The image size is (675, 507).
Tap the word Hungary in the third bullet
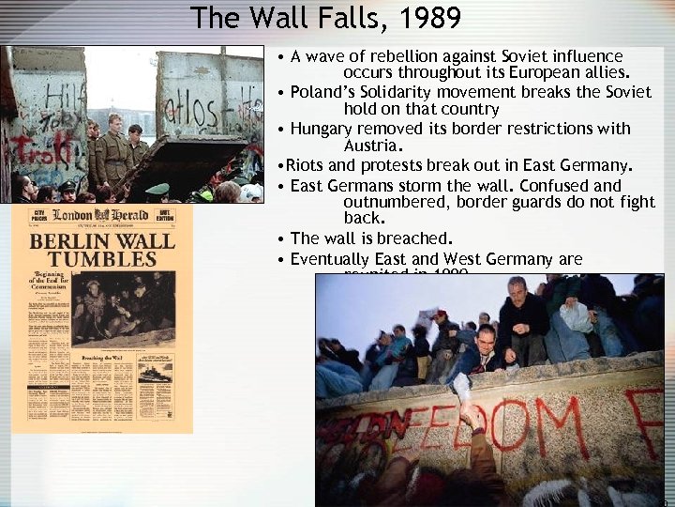click(322, 129)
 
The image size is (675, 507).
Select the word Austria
click(372, 146)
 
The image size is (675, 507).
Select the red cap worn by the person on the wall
click(440, 315)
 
